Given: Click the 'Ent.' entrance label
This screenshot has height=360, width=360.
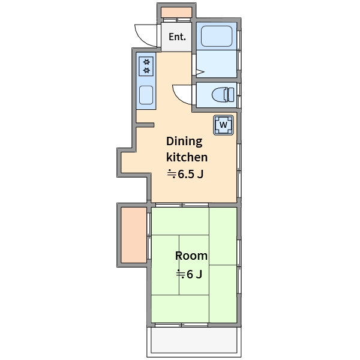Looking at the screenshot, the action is tap(177, 37).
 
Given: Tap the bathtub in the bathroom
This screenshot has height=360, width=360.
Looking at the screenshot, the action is tap(217, 36).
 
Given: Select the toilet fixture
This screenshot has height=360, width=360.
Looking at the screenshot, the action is tap(223, 95).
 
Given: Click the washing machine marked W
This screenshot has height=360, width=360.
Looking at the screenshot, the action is tap(223, 125).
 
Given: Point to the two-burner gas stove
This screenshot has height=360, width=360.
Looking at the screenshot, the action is tap(146, 67).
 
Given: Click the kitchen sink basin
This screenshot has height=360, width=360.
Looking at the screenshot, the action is tap(146, 95).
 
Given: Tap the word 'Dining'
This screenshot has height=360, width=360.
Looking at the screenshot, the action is tap(184, 142).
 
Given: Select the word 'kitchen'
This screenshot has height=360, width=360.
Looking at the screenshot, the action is tap(187, 157).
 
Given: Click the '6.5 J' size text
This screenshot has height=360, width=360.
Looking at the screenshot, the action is tap(191, 174).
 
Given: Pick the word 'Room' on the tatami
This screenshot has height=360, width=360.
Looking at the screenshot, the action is tap(191, 256).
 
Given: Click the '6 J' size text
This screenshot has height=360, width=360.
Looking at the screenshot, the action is tap(194, 274).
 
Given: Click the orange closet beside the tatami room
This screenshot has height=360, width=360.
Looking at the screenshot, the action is tap(134, 235).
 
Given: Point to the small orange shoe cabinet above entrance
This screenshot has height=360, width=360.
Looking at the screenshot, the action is tap(176, 12).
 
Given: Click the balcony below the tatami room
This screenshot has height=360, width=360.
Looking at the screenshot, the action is tap(194, 340).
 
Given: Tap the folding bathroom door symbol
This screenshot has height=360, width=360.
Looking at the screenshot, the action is tap(200, 72).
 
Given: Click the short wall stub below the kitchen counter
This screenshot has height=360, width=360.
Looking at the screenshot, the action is tap(145, 125).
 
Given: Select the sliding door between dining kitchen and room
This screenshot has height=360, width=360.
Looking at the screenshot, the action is tap(182, 205).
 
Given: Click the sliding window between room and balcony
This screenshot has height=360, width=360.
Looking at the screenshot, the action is tap(181, 325).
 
